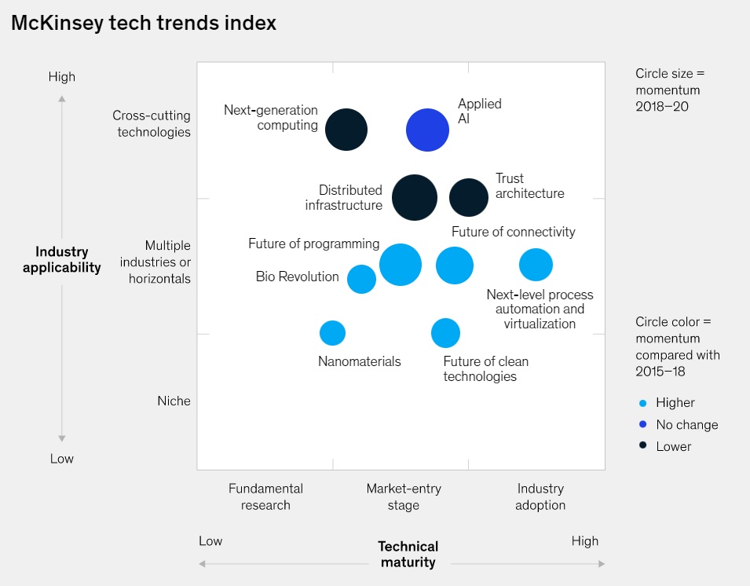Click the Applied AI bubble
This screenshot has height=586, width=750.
click(427, 130)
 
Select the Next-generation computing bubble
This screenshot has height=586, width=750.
click(346, 130)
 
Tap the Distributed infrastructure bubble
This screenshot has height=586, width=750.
click(414, 197)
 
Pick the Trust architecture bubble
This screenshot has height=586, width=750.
click(469, 197)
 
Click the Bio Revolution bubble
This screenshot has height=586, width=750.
click(361, 279)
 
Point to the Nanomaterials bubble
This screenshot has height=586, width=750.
click(332, 333)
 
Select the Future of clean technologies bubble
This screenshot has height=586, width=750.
click(445, 333)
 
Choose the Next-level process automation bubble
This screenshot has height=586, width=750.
click(536, 265)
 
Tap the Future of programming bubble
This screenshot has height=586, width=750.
click(401, 265)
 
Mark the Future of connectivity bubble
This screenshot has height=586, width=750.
click(455, 265)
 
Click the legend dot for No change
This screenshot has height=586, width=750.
click(643, 425)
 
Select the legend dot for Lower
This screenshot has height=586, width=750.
click(643, 446)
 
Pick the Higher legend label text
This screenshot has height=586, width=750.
click(675, 403)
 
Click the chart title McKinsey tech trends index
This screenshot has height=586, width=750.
click(144, 24)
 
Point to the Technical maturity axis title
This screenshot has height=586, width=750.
click(408, 554)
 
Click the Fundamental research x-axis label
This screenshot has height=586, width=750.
click(265, 496)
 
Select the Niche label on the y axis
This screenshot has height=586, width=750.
click(174, 401)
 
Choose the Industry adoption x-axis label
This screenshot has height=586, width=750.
click(540, 496)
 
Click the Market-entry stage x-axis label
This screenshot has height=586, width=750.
click(404, 496)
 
